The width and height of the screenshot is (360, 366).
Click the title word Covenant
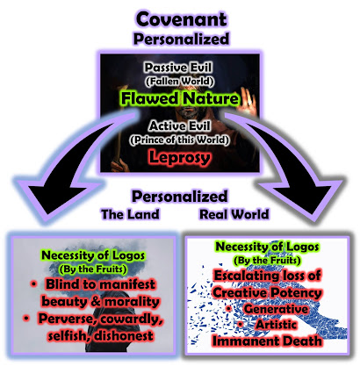click(181, 19)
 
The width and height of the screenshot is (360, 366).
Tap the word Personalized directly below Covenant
click(181, 39)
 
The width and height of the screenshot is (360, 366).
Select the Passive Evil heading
click(178, 68)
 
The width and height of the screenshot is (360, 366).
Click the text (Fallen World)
click(179, 81)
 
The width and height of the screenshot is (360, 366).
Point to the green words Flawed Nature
click(180, 98)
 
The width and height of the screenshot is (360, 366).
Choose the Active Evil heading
click(179, 126)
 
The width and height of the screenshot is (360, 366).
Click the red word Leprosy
click(180, 157)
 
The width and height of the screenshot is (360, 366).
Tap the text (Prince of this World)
click(179, 140)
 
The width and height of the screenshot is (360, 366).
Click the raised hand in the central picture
click(248, 102)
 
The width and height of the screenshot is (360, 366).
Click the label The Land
click(130, 214)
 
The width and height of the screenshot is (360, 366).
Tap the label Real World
click(234, 214)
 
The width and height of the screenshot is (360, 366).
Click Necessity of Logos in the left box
click(93, 255)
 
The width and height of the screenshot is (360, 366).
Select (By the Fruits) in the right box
click(267, 260)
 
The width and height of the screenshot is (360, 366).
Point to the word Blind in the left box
click(62, 284)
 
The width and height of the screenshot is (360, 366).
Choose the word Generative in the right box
click(276, 309)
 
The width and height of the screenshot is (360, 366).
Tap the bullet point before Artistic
click(240, 325)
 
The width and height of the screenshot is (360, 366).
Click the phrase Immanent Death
click(267, 341)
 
